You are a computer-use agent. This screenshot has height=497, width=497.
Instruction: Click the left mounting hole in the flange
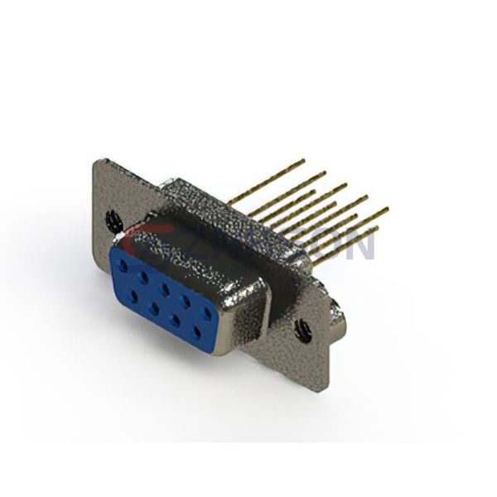point(114,221)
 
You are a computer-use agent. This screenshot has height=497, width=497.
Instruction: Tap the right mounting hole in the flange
point(304,332)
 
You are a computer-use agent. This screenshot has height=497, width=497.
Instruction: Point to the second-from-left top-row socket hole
point(144,276)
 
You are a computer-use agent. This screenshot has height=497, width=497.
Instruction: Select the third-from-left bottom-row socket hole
point(175,317)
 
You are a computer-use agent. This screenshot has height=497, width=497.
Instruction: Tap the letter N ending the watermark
point(361,245)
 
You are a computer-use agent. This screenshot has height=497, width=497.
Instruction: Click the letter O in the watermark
point(331,245)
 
